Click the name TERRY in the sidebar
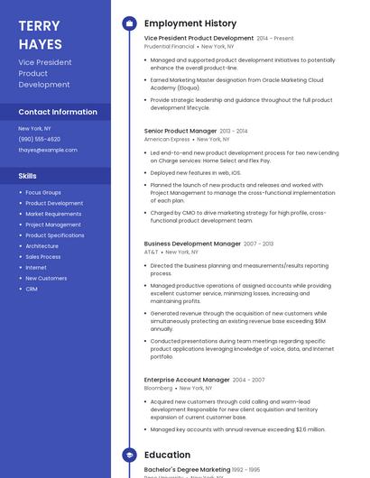pos(39,25)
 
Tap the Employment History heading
pos(190,23)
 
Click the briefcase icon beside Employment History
pos(129,23)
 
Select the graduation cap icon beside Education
pos(129,455)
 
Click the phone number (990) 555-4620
pos(40,139)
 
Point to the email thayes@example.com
pos(48,150)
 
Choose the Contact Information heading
pos(58,112)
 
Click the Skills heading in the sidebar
pos(28,176)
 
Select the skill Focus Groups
pos(43,193)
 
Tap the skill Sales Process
pos(43,257)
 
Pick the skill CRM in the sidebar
pos(32,289)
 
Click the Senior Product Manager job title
pos(180,131)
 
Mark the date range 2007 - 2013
pos(258,244)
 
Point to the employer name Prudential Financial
pos(169,47)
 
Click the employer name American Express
pos(167,140)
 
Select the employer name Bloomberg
pos(159,388)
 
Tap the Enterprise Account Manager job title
pos(187,380)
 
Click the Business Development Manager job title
pos(192,244)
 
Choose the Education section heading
pos(167,455)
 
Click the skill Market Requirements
pos(53,214)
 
